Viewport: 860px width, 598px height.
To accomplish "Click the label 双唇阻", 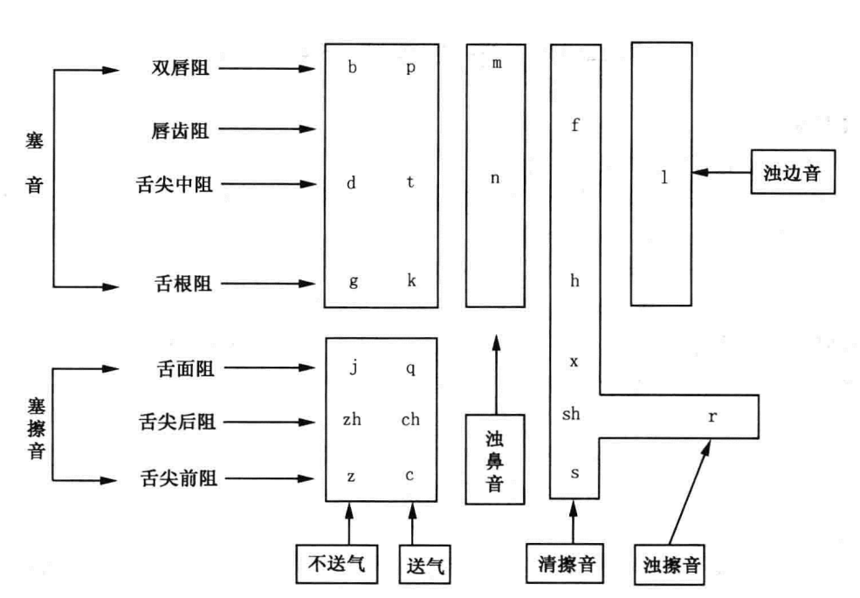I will [x=180, y=68].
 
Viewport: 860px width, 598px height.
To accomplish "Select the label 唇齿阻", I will [x=180, y=130].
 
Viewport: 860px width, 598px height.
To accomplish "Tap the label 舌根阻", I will [x=180, y=284].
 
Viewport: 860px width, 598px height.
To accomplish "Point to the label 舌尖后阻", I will [x=178, y=423].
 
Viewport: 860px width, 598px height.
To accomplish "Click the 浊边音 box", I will [x=791, y=174].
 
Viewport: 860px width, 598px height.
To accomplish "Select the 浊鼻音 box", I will [x=494, y=458].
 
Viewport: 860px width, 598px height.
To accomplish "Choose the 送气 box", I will [x=424, y=565].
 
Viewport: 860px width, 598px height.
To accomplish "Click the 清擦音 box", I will [x=572, y=565].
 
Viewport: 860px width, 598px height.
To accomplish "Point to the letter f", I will [x=574, y=125].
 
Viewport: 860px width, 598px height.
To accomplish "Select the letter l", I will [x=664, y=177].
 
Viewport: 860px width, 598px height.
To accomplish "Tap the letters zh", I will [x=351, y=419].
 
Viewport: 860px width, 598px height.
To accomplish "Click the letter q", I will [x=410, y=368].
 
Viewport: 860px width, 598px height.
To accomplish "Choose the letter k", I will [x=410, y=280].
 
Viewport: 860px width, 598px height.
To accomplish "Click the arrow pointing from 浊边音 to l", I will [x=720, y=174].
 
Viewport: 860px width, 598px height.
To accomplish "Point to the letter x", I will [x=574, y=361].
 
